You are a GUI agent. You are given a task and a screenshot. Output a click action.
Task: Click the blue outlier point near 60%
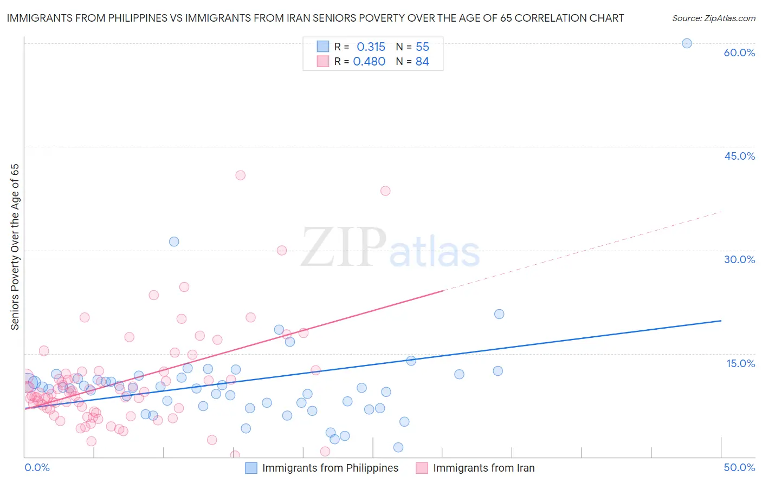point(687,43)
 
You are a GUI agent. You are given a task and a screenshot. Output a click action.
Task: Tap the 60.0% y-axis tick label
point(739,53)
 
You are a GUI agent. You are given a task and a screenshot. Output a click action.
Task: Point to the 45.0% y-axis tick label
point(739,156)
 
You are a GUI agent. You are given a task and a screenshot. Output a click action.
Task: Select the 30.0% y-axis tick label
point(739,259)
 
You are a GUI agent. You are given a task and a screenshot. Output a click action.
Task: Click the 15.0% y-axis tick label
point(740,363)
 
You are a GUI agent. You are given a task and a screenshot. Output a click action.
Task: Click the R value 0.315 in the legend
point(371,47)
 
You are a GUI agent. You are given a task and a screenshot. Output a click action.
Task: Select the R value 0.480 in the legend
point(369,62)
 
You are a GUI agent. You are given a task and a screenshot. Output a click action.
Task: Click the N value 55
point(422,47)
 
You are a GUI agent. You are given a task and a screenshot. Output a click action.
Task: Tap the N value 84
point(422,62)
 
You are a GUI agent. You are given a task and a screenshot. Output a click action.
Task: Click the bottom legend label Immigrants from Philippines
point(330,468)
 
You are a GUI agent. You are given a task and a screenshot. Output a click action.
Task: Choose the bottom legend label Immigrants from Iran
point(483,468)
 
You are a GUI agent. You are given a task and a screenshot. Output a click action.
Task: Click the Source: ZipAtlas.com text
point(713,18)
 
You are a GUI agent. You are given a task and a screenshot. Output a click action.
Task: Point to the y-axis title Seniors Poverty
point(15,247)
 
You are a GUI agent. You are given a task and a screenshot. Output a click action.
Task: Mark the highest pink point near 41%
point(240,175)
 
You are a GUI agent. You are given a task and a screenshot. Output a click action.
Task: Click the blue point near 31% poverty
point(174,241)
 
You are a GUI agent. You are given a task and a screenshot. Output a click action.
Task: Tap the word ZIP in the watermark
point(343,249)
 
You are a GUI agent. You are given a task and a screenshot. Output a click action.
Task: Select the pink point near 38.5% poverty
point(385,191)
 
